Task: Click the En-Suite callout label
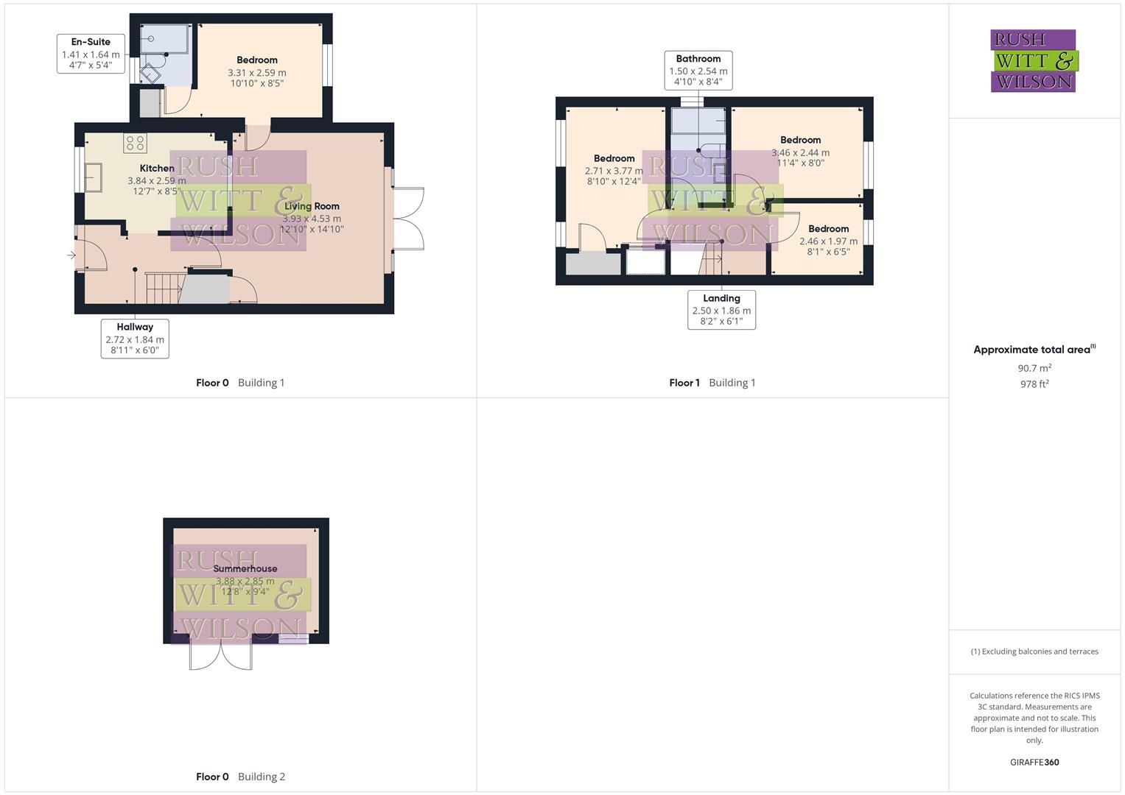(x=91, y=42)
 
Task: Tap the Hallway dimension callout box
(x=135, y=339)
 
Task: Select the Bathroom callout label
(x=698, y=59)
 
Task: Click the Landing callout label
(x=721, y=298)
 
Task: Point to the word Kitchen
(x=157, y=169)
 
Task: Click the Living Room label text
(x=312, y=207)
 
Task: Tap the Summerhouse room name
(x=245, y=569)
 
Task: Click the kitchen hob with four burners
(x=135, y=143)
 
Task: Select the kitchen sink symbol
(x=94, y=177)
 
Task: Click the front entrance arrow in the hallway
(x=71, y=255)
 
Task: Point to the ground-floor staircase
(x=164, y=288)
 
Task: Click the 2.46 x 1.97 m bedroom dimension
(x=828, y=241)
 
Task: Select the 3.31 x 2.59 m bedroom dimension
(x=256, y=73)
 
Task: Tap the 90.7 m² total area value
(x=1034, y=368)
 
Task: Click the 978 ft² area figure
(x=1034, y=384)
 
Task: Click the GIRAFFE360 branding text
(x=1034, y=763)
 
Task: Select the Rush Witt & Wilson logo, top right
(x=1034, y=61)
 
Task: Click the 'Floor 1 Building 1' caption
(x=712, y=383)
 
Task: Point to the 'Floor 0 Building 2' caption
(x=240, y=777)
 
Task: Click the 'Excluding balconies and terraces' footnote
(x=1034, y=651)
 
